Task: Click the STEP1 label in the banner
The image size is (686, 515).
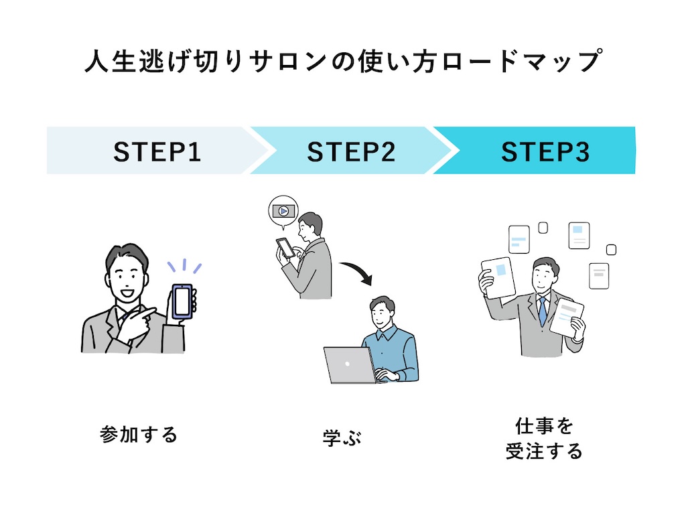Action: click(157, 152)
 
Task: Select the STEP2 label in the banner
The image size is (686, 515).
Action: click(351, 152)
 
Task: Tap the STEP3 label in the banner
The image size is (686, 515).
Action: click(545, 152)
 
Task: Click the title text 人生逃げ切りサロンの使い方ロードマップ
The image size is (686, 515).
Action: click(344, 61)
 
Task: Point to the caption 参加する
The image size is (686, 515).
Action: click(139, 435)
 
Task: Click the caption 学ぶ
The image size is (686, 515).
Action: click(342, 437)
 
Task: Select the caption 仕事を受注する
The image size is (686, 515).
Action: click(544, 439)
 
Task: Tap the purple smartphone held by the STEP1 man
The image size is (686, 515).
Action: click(182, 301)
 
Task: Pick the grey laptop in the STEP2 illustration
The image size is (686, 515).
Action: click(350, 365)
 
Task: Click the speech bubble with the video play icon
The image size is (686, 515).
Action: click(283, 212)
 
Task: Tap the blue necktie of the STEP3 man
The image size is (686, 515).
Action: click(543, 311)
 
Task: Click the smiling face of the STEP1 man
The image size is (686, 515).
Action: click(126, 280)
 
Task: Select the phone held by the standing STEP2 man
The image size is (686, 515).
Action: click(285, 248)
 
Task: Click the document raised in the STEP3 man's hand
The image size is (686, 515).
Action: click(498, 278)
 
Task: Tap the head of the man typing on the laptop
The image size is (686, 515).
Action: click(382, 311)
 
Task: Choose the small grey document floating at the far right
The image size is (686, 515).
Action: click(599, 276)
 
